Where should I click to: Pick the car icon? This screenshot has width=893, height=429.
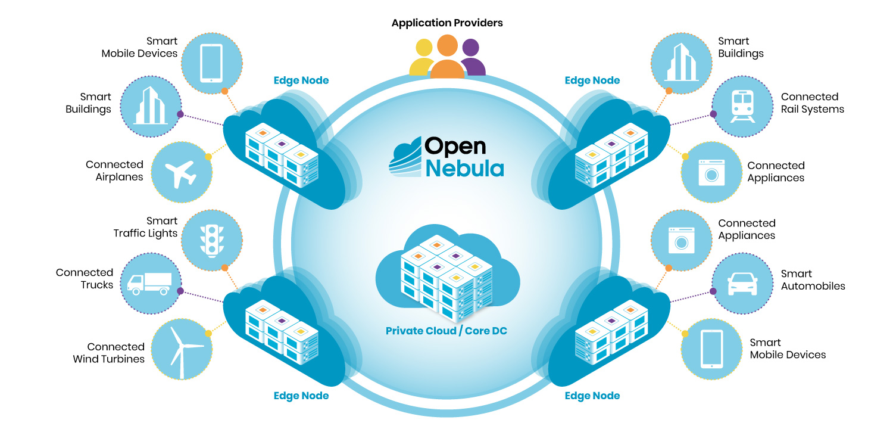pos(742,284)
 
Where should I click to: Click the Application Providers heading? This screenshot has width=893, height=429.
pos(447,23)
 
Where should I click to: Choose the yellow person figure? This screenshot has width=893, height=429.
pos(422,59)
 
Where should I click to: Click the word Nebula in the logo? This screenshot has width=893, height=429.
pos(464,167)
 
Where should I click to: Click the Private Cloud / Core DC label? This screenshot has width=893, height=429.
pos(447,331)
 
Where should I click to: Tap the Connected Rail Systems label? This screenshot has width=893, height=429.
pos(813,103)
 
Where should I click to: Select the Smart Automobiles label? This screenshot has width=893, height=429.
pos(813,280)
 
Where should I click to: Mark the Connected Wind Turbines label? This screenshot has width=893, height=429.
pos(109,353)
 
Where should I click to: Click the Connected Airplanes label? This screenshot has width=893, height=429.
pos(114,170)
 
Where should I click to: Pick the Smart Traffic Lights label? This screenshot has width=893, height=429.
pos(146,227)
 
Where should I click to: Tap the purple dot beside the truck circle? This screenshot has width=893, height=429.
pos(181,292)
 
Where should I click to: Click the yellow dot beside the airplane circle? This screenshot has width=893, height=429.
pos(208,157)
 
